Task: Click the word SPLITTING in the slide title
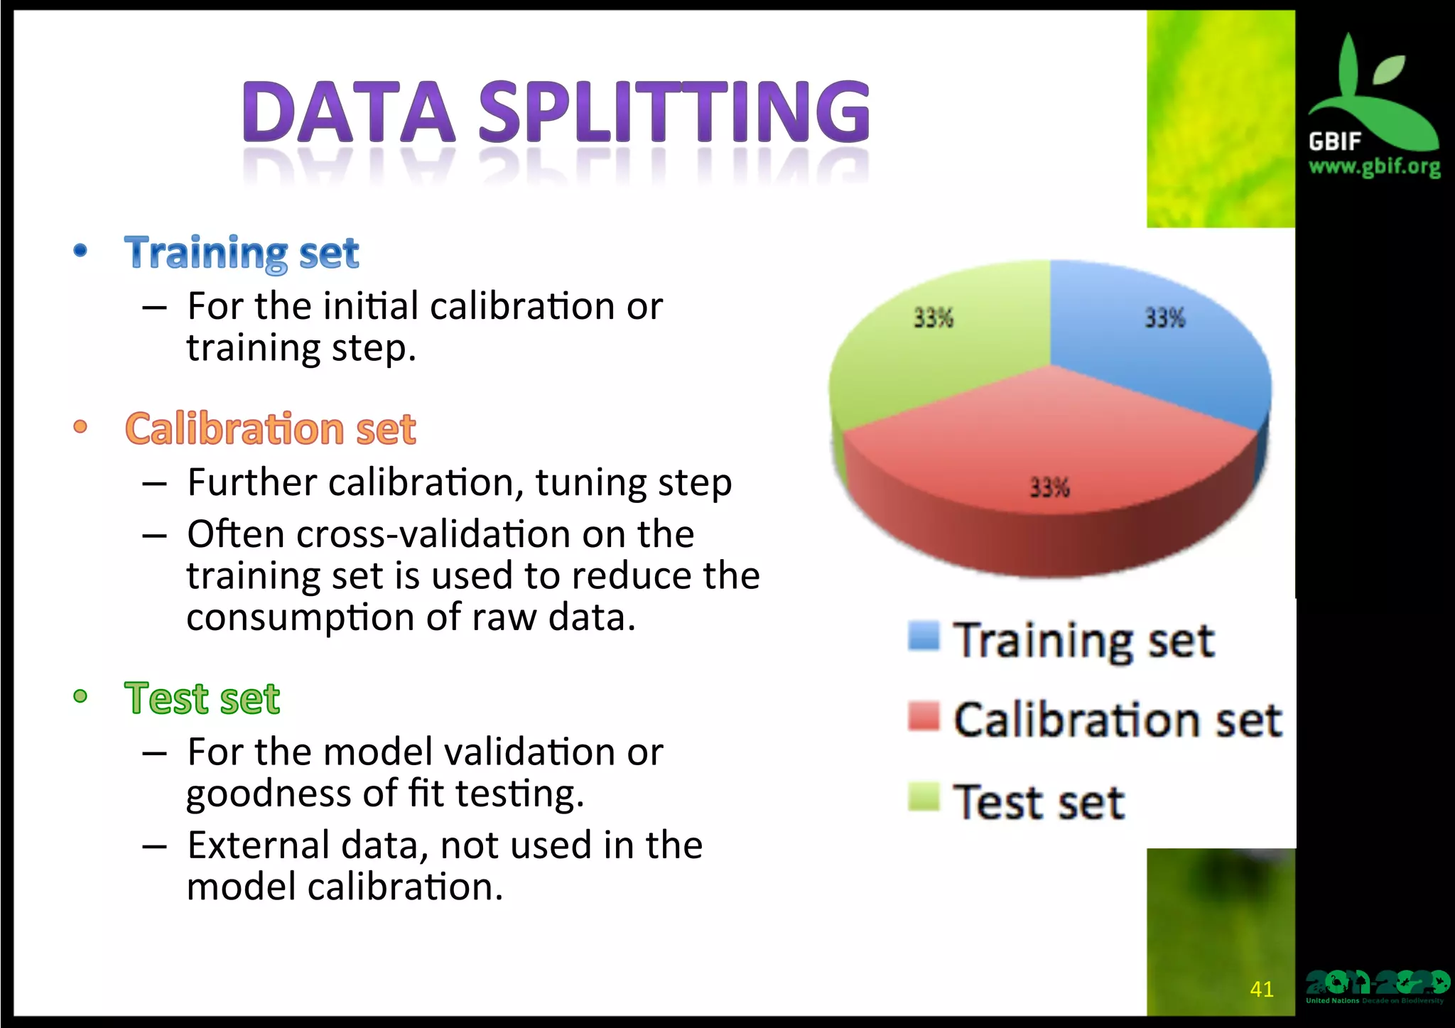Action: pos(674,112)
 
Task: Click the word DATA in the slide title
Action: pos(348,112)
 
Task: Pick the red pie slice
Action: pos(1051,440)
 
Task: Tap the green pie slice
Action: pos(938,355)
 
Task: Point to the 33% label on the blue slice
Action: pos(1165,318)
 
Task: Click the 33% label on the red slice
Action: pos(1050,487)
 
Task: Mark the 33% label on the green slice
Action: pos(934,318)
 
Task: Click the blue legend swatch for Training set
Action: pos(924,636)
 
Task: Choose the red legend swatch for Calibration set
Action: pos(924,716)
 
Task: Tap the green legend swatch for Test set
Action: pos(924,796)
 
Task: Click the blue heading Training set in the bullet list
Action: pos(242,253)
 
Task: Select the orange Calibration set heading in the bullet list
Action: pos(270,429)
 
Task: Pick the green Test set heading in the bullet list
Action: pos(202,698)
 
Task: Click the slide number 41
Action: pos(1262,989)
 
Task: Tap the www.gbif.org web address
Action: pos(1374,167)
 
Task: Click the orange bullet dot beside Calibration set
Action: pos(80,427)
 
